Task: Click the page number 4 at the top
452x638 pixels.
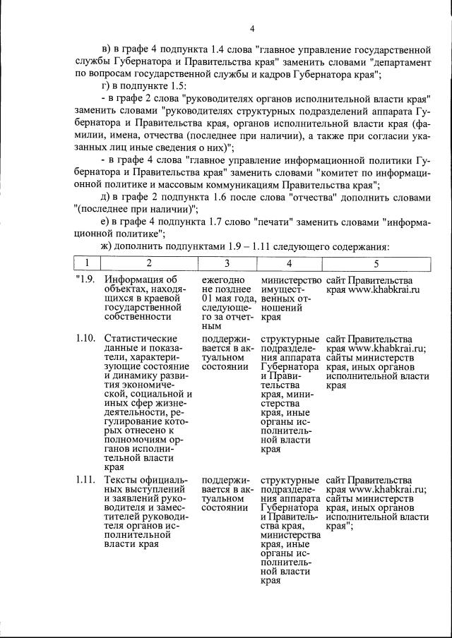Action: pyautogui.click(x=251, y=29)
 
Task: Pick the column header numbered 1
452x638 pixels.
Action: pyautogui.click(x=84, y=263)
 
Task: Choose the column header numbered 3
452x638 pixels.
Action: pyautogui.click(x=227, y=263)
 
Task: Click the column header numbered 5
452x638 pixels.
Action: pyautogui.click(x=376, y=263)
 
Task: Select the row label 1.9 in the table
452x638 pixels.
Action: pyautogui.click(x=85, y=280)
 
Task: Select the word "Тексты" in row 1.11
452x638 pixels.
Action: pyautogui.click(x=120, y=480)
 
